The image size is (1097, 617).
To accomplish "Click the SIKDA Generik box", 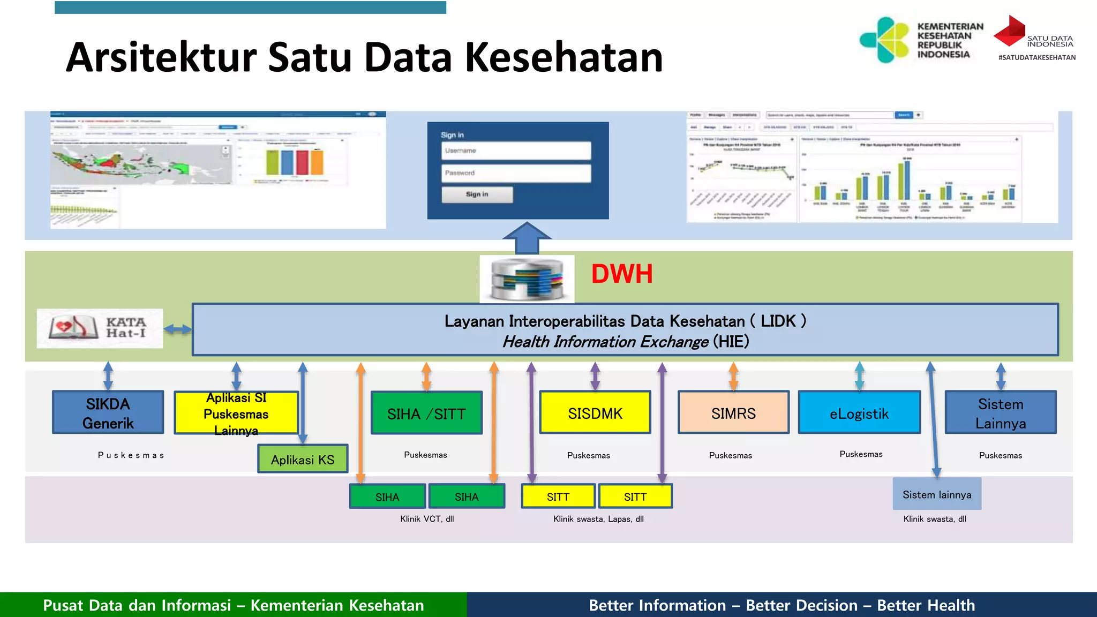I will pos(108,412).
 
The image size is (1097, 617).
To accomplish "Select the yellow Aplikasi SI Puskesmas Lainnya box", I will pos(236,412).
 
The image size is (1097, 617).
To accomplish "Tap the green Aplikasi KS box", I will pos(303,459).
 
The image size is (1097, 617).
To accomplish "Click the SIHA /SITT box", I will pos(426,413).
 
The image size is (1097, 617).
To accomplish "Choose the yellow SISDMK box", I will pos(595,412).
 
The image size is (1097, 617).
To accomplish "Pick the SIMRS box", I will pos(733,412).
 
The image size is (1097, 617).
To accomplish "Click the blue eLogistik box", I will pos(859,412).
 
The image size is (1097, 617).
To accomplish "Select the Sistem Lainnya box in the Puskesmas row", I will pos(1001,412).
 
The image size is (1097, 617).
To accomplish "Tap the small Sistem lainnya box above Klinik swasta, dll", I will pos(937,494).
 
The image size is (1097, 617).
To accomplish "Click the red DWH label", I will pos(621,274).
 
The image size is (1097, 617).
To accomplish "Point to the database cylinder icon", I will pos(527,279).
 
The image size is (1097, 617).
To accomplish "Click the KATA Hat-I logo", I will pos(100,328).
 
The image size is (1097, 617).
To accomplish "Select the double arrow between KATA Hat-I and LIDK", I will pos(177,329).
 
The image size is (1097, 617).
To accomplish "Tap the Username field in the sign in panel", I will pos(516,151).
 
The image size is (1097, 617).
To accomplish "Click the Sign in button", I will pos(477,194).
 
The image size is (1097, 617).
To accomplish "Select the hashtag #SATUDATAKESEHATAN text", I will pos(1036,57).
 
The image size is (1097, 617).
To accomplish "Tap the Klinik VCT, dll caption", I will pos(427,518).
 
